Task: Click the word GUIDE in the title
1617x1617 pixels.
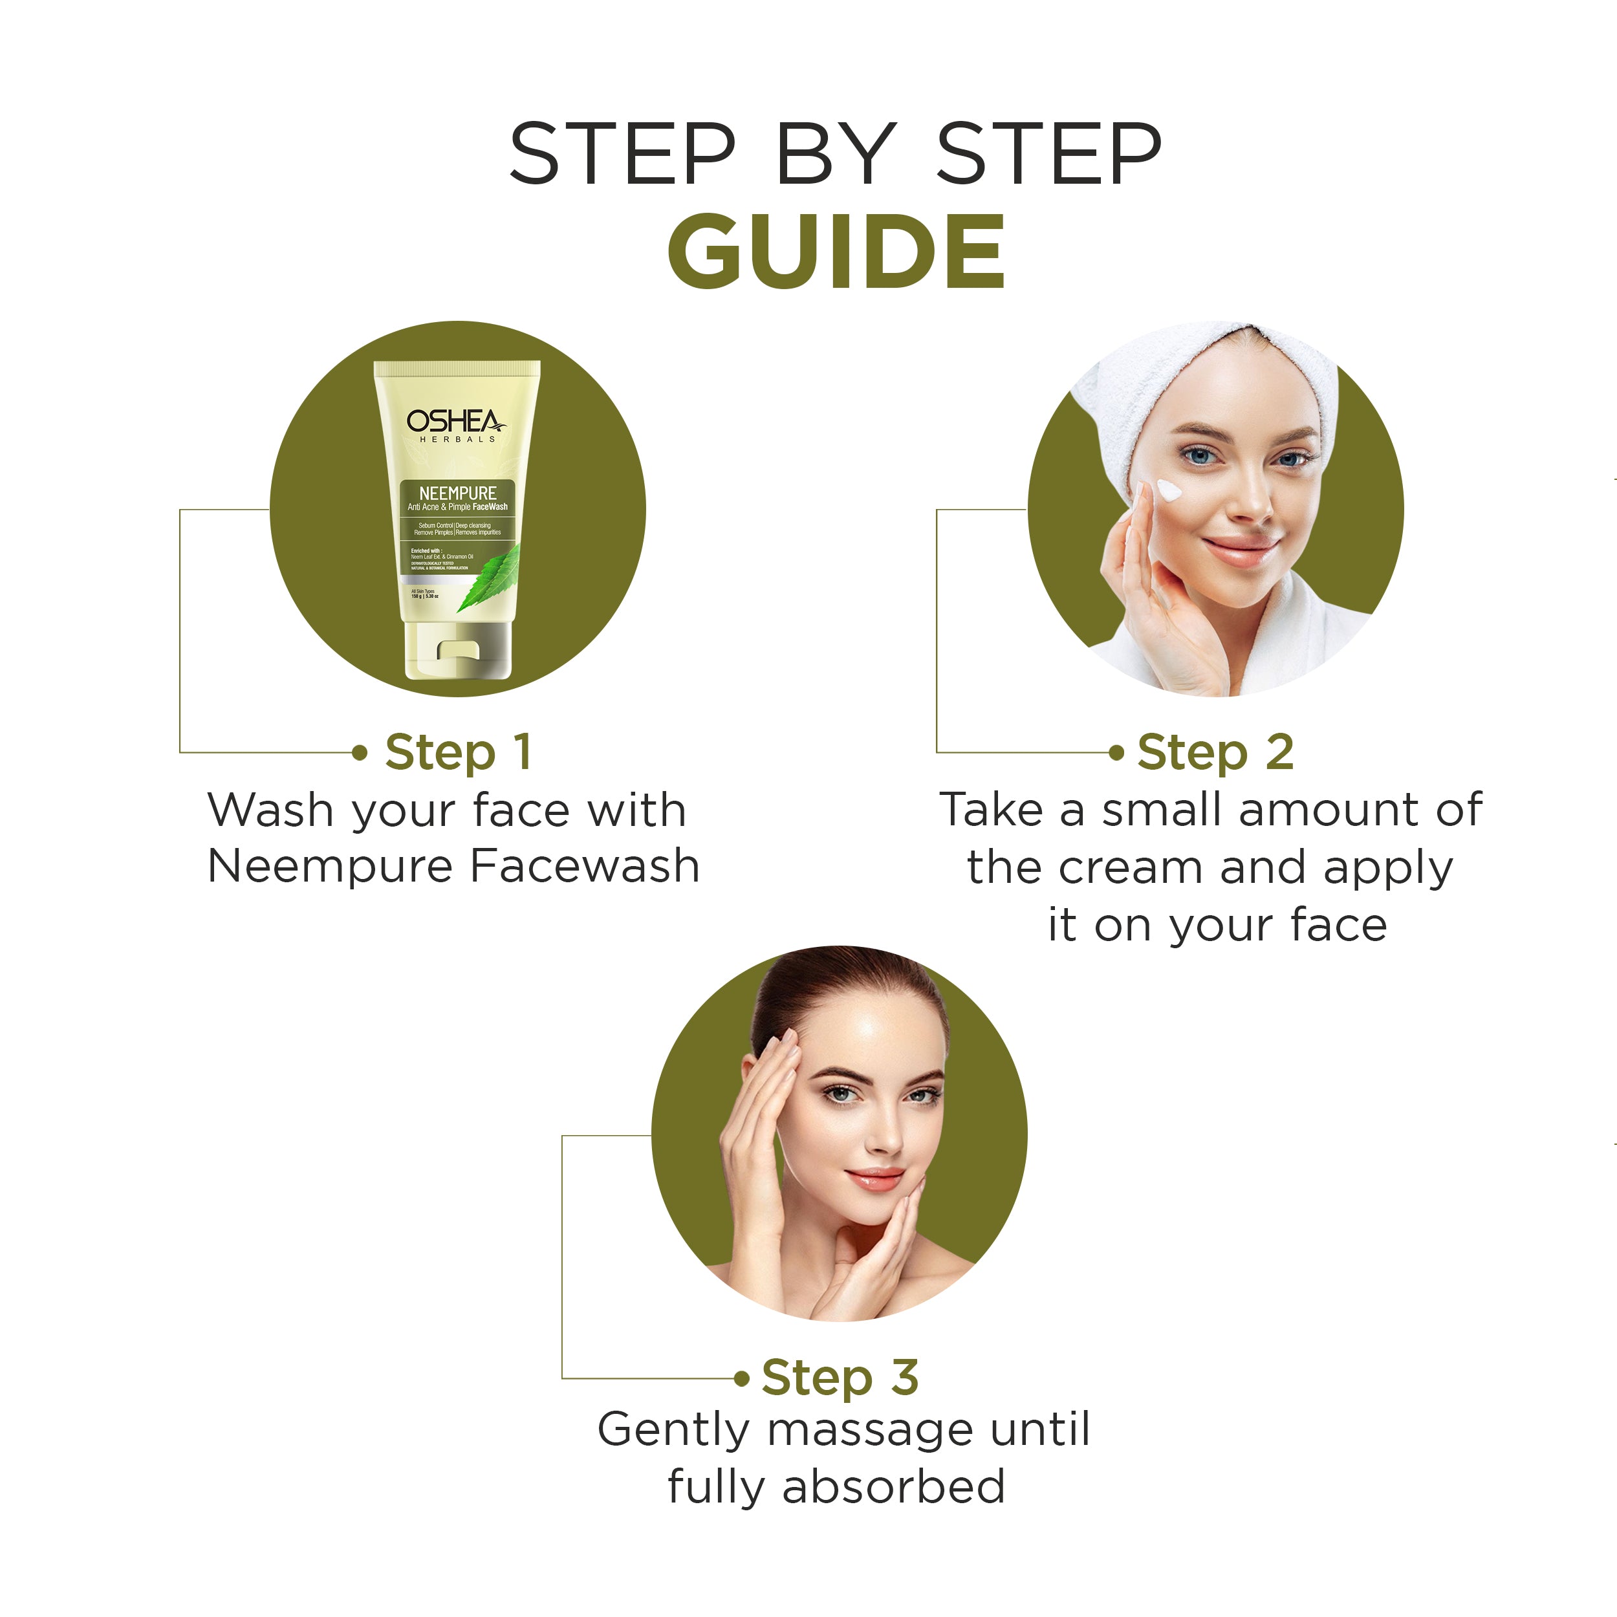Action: coord(835,251)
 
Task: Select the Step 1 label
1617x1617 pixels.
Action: coord(458,752)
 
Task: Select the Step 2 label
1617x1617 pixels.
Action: coord(1215,752)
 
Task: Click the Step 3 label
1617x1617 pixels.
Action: coord(840,1377)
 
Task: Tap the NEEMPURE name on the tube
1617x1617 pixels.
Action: coord(457,493)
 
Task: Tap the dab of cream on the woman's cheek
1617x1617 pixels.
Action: coord(1168,492)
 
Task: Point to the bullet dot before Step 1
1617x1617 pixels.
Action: coord(360,752)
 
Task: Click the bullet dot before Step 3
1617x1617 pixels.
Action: coord(741,1378)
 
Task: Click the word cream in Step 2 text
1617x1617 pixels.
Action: coord(1133,867)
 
